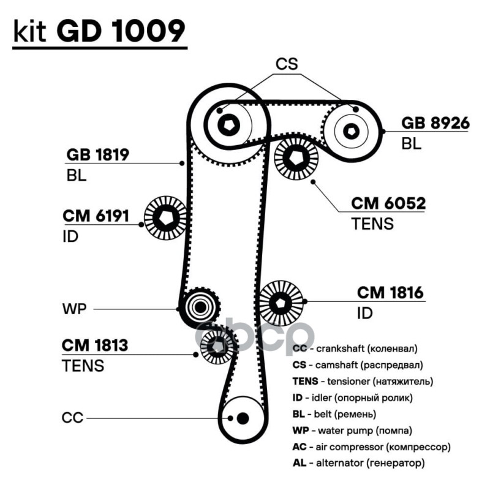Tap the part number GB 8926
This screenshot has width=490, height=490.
tap(435, 124)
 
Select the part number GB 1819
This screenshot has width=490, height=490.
tap(97, 154)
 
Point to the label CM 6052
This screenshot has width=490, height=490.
tap(388, 203)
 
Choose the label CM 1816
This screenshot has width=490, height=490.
tap(390, 293)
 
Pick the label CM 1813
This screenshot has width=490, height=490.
tap(95, 345)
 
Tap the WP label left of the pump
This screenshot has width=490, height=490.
tap(72, 308)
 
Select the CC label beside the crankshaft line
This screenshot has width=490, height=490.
tap(72, 418)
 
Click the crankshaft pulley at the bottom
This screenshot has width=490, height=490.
tap(243, 418)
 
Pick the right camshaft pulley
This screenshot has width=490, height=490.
tap(351, 130)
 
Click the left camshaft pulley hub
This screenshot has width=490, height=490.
tap(230, 125)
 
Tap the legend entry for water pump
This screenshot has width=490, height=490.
tap(352, 430)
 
